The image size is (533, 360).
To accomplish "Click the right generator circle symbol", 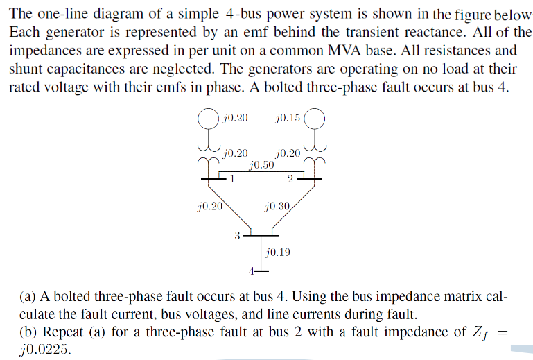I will tap(314, 119).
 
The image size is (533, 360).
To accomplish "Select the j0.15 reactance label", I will tap(288, 118).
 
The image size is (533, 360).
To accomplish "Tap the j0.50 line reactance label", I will tap(261, 166).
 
